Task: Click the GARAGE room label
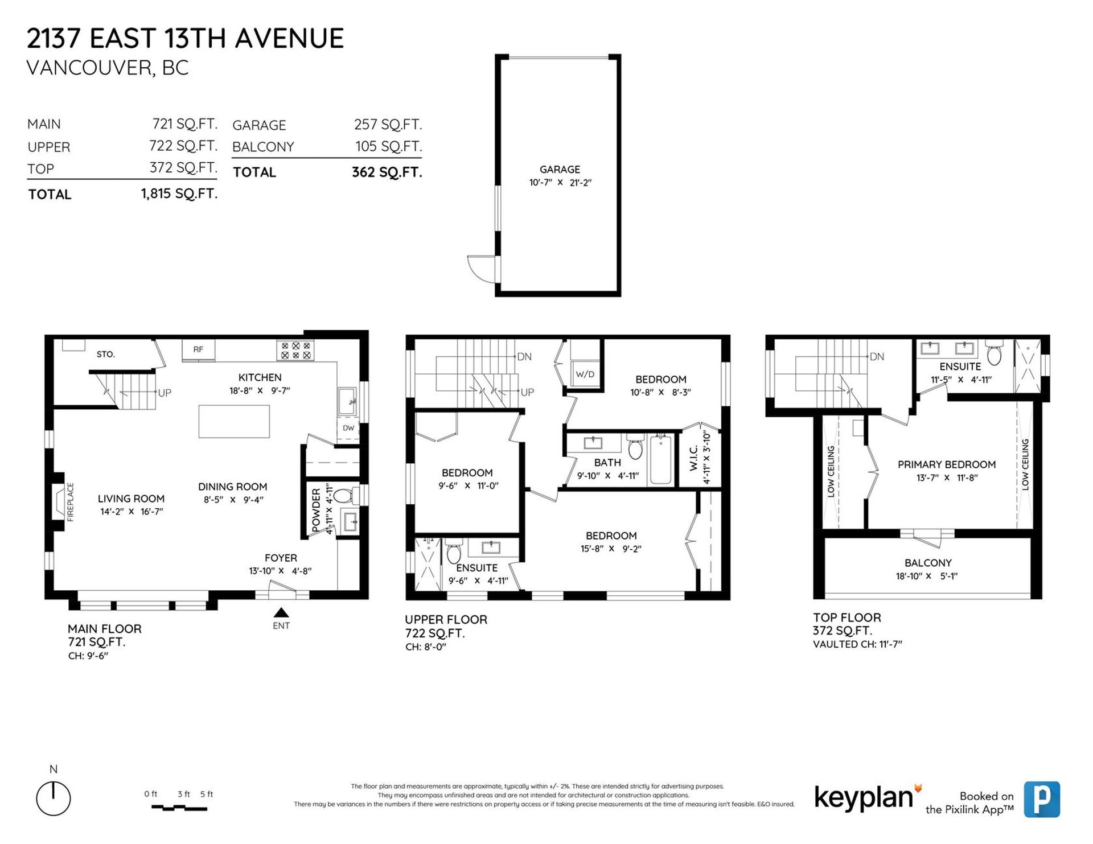coord(560,169)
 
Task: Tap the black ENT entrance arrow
coord(281,612)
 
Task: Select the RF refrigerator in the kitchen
coord(198,349)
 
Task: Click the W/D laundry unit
coord(585,374)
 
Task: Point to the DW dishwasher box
coord(348,428)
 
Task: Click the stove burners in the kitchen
coord(296,350)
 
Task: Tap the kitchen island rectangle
coord(234,421)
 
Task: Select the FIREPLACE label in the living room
coord(71,502)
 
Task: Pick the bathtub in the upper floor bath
coord(660,460)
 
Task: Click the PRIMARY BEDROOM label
coord(947,464)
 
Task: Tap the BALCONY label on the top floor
coord(928,563)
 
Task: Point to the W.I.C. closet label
coord(693,458)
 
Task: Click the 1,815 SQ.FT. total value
coord(179,193)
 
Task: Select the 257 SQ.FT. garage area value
coord(388,124)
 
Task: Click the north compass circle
coord(54,798)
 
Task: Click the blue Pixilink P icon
coord(1042,799)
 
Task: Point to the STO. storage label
coord(106,354)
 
